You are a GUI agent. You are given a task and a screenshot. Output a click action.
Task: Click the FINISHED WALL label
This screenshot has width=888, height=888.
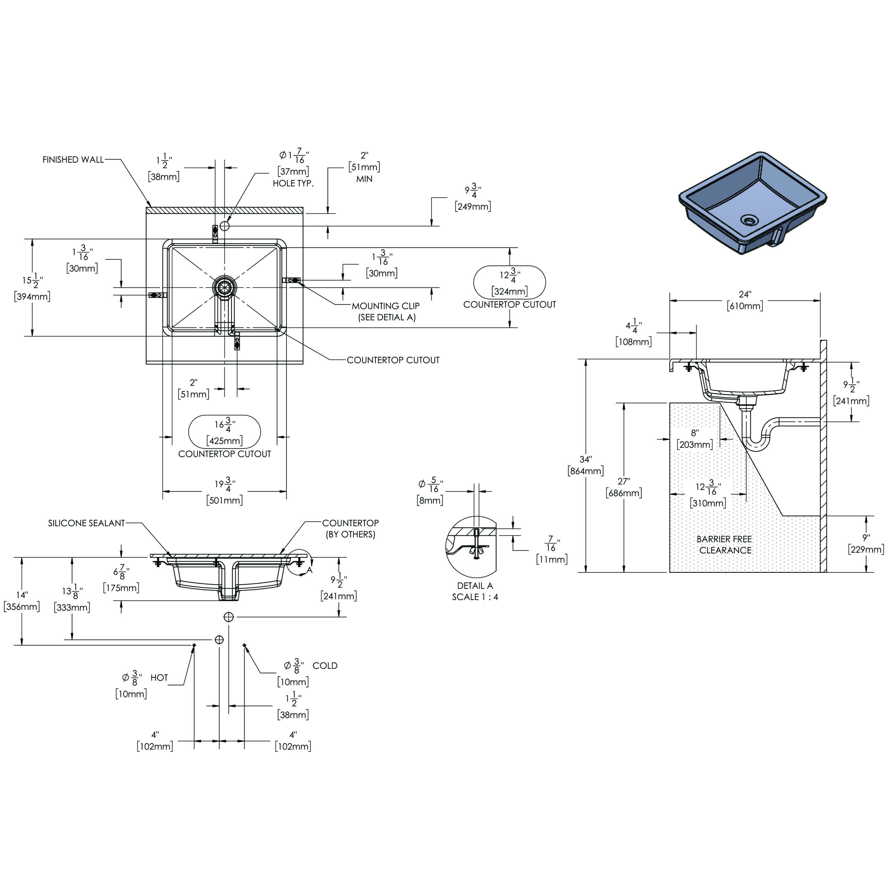tap(73, 160)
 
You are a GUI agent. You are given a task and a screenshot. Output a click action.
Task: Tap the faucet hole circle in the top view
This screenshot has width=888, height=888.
tap(224, 226)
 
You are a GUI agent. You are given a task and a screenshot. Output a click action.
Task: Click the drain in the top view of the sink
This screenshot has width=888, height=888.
tap(224, 287)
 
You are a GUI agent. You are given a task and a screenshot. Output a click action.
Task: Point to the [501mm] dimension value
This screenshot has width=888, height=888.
tap(224, 500)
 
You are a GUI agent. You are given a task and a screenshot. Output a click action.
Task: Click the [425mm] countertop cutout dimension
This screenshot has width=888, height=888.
tap(224, 441)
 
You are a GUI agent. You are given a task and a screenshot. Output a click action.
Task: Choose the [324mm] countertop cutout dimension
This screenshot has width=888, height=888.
tap(509, 291)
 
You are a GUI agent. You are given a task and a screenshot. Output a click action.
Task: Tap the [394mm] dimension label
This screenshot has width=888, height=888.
tap(32, 297)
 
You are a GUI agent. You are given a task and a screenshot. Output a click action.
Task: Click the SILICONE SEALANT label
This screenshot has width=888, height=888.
tap(86, 523)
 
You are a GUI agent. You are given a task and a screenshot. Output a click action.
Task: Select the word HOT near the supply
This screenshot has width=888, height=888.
tap(159, 677)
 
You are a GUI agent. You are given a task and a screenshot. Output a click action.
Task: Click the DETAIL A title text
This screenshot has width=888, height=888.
tap(475, 586)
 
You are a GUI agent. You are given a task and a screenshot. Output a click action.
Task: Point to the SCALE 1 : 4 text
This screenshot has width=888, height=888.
tap(475, 597)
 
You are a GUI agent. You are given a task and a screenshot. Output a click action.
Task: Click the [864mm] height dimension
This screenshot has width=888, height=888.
tap(585, 471)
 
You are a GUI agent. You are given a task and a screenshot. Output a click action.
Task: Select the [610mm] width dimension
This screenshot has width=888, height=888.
tap(745, 306)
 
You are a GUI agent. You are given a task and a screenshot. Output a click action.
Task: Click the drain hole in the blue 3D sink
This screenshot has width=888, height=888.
tap(749, 221)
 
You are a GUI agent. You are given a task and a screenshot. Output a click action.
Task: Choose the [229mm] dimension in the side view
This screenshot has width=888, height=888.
tap(866, 549)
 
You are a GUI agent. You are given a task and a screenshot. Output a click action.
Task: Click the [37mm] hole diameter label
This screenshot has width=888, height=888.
tap(293, 171)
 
